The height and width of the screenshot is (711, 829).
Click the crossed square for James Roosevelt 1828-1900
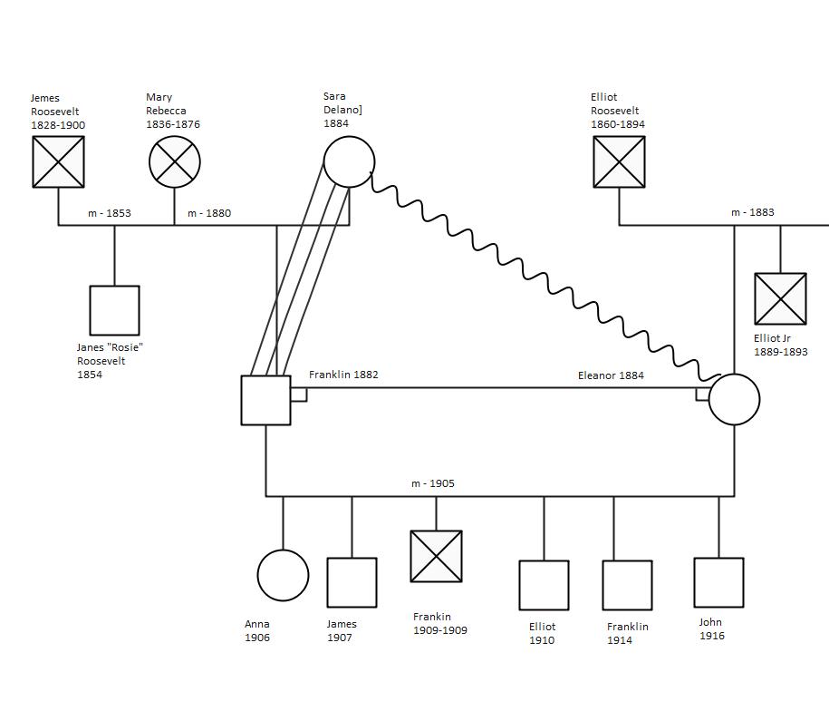pos(58,161)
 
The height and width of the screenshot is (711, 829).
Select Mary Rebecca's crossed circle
pos(175,161)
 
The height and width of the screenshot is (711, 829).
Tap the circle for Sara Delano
pos(349,161)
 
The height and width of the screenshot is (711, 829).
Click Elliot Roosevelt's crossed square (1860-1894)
pos(619,161)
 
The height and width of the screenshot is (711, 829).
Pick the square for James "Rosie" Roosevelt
pos(115,310)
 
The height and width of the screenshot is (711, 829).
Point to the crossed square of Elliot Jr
pos(780,299)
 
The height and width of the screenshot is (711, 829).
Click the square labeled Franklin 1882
pos(266,400)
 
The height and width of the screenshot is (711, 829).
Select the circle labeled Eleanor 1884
pos(735,399)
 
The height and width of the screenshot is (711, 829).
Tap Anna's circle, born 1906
pos(283,576)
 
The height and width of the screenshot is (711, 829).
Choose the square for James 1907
pos(352,582)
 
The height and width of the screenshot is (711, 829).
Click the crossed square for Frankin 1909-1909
pos(436,557)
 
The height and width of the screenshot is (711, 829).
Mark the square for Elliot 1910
pos(544,585)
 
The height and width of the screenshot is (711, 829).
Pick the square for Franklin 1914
pos(628,585)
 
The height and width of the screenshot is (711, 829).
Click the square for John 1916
pos(719,582)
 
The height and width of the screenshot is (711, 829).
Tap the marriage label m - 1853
pos(110,213)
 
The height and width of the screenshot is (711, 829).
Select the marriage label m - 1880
pos(209,213)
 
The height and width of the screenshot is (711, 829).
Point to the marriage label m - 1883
pos(752,212)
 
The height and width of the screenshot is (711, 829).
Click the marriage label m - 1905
pos(433,483)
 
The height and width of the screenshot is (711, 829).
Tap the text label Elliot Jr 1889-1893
pos(781,345)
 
